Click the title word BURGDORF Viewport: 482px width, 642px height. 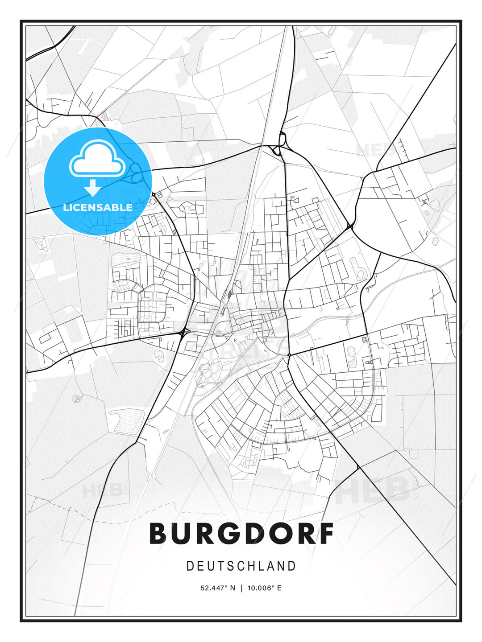click(241, 533)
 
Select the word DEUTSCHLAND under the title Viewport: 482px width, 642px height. click(241, 566)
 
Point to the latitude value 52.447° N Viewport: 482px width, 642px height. click(218, 588)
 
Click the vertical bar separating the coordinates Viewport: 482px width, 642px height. click(241, 588)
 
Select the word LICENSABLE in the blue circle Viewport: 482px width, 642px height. click(98, 207)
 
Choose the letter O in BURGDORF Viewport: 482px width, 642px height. click(275, 533)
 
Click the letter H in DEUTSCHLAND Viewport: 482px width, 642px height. click(251, 566)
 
